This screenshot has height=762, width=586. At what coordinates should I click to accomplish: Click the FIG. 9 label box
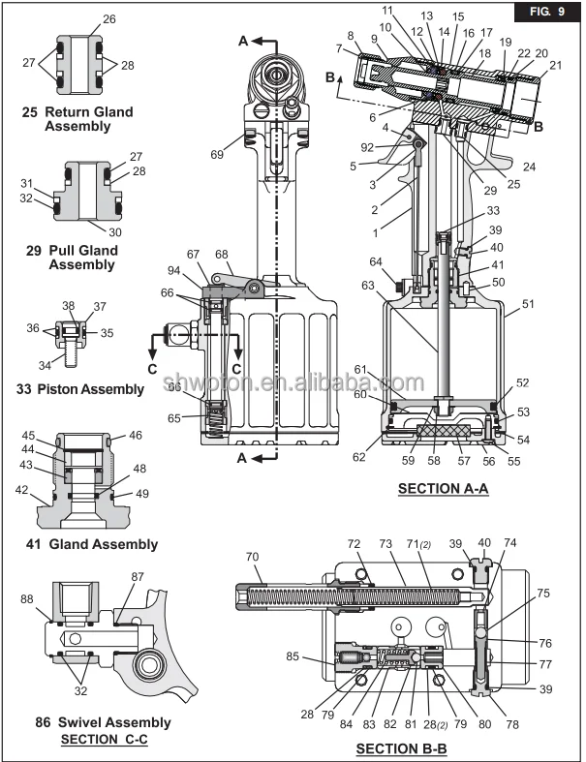click(546, 14)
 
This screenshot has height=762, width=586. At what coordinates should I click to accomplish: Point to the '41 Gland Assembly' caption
click(89, 544)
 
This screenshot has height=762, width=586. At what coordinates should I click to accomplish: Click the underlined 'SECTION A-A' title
click(443, 490)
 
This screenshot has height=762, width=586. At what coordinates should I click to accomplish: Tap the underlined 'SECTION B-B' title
click(400, 748)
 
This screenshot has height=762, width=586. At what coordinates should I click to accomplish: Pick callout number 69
click(218, 154)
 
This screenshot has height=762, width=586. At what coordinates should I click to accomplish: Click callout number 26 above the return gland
click(108, 19)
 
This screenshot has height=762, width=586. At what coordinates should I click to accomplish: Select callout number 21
click(555, 65)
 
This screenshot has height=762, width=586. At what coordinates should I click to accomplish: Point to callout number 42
click(22, 490)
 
